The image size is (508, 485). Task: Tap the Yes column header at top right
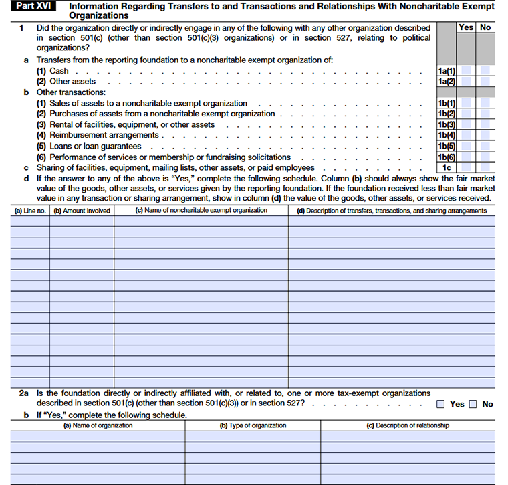coord(466,27)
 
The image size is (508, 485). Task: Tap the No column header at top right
coord(485,27)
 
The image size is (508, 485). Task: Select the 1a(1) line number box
coord(446,71)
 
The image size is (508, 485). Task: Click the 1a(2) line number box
coord(446,82)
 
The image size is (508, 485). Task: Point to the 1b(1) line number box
coord(446,104)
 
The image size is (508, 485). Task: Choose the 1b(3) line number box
coord(446,125)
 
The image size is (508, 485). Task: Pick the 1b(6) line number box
coord(446,157)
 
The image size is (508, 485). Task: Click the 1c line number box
coord(446,168)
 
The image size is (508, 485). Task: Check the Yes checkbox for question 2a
coord(441,404)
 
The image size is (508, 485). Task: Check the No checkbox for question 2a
coord(473,404)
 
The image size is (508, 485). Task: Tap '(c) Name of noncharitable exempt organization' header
coord(201,211)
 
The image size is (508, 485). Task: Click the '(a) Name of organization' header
coord(98,425)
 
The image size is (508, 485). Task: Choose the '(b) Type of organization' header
coord(253,425)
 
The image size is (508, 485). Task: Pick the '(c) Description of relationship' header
coord(408,425)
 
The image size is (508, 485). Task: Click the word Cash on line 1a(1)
coord(59,71)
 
